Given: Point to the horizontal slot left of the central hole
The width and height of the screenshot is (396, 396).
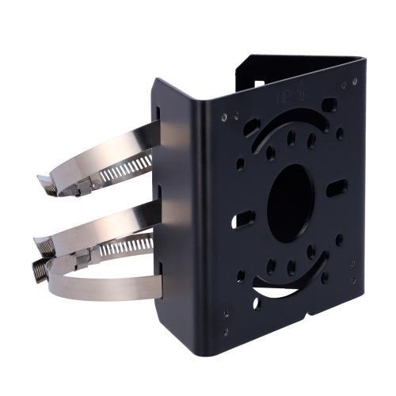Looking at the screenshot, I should click(x=242, y=219).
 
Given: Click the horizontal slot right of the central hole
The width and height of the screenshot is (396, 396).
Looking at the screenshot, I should click(x=337, y=188).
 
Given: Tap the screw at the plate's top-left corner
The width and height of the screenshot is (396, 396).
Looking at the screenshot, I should click(x=224, y=116).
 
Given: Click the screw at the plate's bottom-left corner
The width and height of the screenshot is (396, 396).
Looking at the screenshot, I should click(x=226, y=331).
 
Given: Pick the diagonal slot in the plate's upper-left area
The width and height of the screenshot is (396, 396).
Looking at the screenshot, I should click(x=252, y=127).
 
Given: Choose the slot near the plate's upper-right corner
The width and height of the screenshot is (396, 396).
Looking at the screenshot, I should click(x=329, y=104).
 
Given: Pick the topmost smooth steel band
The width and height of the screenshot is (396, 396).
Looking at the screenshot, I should click(x=119, y=143).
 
